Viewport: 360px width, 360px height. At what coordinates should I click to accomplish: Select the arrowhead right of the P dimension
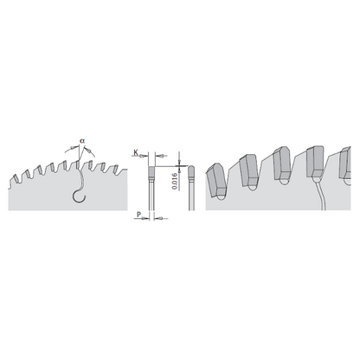pos(159,221)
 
